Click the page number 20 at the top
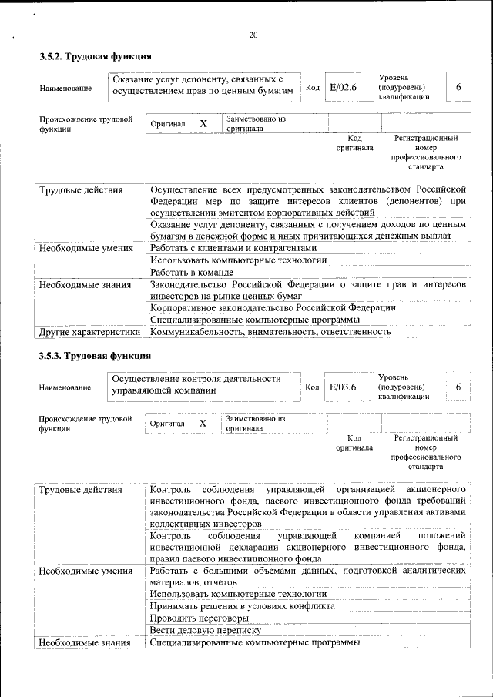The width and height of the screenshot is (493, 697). [x=253, y=35]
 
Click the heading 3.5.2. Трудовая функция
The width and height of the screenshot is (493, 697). [x=95, y=56]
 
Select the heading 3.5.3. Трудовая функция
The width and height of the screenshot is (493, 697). [x=95, y=356]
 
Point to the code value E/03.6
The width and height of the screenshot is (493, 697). [x=344, y=387]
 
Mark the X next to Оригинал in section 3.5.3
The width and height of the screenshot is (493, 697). [x=203, y=423]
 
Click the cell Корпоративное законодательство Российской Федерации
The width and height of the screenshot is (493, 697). [x=273, y=308]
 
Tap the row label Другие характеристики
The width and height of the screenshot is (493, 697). [x=89, y=332]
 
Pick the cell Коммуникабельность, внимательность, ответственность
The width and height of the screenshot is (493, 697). [x=270, y=332]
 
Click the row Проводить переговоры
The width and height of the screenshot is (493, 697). [x=200, y=618]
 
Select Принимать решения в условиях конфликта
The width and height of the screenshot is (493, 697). [x=242, y=606]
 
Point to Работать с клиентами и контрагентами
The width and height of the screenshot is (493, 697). [x=233, y=249]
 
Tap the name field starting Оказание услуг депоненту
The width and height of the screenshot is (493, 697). [x=203, y=85]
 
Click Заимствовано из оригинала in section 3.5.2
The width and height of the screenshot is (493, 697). [x=255, y=124]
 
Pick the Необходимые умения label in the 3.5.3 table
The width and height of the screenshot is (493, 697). [x=86, y=571]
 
